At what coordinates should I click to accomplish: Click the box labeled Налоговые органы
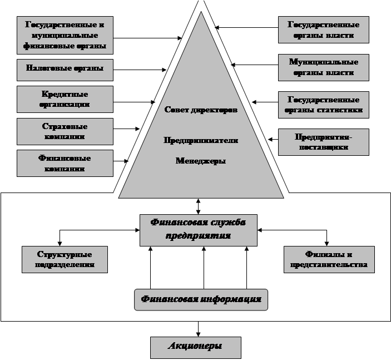pyautogui.click(x=65, y=70)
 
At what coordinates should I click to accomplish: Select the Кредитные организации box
pyautogui.click(x=65, y=99)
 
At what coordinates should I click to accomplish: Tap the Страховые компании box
pyautogui.click(x=65, y=131)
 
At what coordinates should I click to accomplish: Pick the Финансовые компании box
pyautogui.click(x=65, y=163)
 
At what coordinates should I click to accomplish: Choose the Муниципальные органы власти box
pyautogui.click(x=323, y=67)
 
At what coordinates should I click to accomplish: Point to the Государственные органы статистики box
pyautogui.click(x=323, y=105)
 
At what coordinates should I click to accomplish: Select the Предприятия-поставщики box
pyautogui.click(x=323, y=142)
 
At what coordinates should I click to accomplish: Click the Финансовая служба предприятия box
pyautogui.click(x=199, y=229)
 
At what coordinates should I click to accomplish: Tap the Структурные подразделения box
pyautogui.click(x=65, y=259)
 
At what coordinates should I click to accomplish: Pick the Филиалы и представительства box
pyautogui.click(x=329, y=259)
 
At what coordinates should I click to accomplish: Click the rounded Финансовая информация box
pyautogui.click(x=201, y=299)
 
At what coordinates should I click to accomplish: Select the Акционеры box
pyautogui.click(x=195, y=347)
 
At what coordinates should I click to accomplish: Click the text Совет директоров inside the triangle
pyautogui.click(x=201, y=110)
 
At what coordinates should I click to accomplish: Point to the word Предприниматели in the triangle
pyautogui.click(x=201, y=141)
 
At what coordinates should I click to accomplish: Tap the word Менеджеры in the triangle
pyautogui.click(x=201, y=161)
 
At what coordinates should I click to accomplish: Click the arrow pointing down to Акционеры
pyautogui.click(x=198, y=328)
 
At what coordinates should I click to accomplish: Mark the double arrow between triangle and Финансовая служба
pyautogui.click(x=199, y=205)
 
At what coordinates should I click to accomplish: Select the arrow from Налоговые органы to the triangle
pyautogui.click(x=139, y=70)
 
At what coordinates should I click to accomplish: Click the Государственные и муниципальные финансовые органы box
pyautogui.click(x=65, y=35)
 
